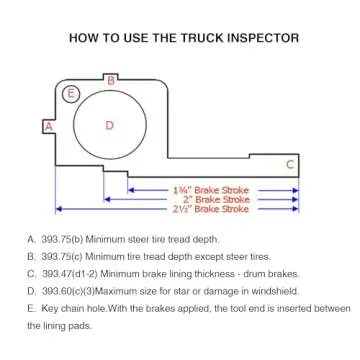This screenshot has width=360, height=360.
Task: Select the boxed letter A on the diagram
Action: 46,126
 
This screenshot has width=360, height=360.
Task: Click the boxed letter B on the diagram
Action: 112,78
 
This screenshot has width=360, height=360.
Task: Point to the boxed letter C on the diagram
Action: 290,163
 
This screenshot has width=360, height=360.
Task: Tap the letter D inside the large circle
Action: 110,125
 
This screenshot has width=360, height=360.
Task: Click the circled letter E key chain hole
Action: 70,95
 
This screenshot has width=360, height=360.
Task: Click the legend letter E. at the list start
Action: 31,308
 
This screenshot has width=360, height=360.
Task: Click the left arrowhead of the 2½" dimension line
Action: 58,209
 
